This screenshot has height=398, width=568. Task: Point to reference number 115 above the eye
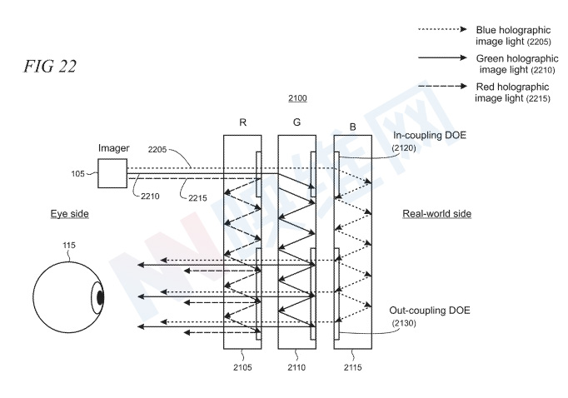click(69, 245)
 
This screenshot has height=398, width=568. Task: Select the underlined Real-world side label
click(436, 214)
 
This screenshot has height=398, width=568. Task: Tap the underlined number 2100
click(297, 98)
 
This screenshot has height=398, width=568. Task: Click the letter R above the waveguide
click(242, 123)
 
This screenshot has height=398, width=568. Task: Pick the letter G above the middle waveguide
click(296, 123)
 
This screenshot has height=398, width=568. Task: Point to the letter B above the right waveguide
click(352, 127)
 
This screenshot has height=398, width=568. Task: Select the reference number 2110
click(297, 363)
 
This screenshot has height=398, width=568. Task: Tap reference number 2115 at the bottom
click(352, 363)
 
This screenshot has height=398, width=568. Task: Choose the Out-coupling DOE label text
click(430, 311)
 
